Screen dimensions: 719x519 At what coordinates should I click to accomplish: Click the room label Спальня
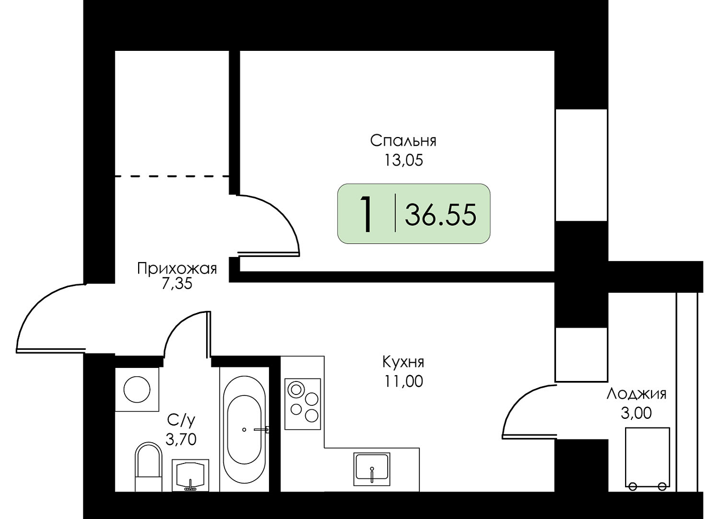coord(403,141)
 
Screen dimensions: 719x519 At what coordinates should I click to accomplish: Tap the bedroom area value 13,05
coord(403,160)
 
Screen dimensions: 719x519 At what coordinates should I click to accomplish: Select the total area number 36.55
coord(440,215)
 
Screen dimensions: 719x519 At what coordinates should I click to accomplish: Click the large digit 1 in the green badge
coord(366,214)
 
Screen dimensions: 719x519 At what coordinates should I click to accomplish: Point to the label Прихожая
coord(177,268)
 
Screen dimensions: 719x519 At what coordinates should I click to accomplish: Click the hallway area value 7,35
coord(177,283)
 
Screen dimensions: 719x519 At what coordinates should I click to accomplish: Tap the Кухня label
coord(403,362)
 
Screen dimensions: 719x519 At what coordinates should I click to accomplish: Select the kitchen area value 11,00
coord(403,381)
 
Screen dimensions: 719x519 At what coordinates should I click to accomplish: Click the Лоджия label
coord(636,394)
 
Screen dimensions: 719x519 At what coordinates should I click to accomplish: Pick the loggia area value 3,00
coord(636,413)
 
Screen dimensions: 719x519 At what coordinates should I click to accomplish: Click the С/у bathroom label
coord(181,420)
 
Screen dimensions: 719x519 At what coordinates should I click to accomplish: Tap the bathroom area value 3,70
coord(181,439)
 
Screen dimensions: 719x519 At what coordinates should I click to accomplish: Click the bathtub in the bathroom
coord(245,429)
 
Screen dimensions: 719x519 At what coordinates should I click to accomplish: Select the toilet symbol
coord(148,467)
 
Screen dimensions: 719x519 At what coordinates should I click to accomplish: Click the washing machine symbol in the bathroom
coord(137,389)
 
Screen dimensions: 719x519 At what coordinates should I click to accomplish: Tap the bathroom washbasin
coord(191,475)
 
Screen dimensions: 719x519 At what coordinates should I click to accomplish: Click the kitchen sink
coord(372,469)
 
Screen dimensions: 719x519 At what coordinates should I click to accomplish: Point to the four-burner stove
coord(303,404)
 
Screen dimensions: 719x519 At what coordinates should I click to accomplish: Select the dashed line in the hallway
coord(172,176)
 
